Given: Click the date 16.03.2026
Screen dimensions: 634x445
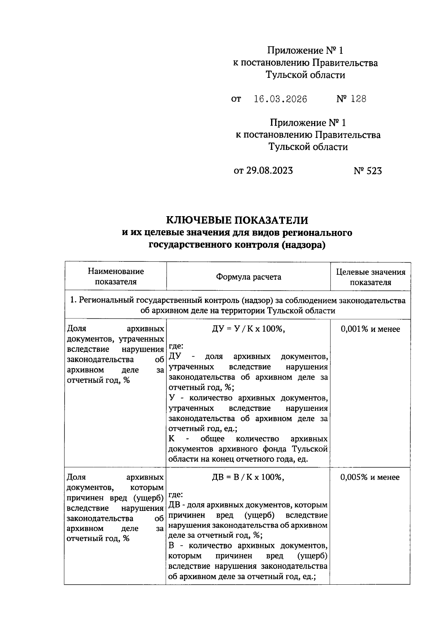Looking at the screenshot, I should coord(280,99).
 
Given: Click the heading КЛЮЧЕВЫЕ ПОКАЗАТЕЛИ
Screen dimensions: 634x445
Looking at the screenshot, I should coord(237,220).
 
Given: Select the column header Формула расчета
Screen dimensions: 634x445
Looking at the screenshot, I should coord(248,277).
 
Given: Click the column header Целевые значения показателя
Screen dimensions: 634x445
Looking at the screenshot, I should coord(370,277).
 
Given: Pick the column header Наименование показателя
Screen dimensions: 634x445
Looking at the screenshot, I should coord(116,276).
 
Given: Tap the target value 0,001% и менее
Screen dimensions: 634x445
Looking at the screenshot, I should coord(370,329).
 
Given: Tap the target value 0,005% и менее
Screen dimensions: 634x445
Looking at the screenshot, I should coord(370,477).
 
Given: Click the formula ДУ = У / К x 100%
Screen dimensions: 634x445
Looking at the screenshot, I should coord(248,329).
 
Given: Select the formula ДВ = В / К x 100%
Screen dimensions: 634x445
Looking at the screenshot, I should coord(248,477).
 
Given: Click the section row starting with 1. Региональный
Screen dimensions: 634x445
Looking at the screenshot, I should coord(238,305).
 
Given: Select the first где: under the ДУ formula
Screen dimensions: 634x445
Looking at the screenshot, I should coord(176,346).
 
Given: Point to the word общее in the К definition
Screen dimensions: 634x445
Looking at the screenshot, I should coord(212,439).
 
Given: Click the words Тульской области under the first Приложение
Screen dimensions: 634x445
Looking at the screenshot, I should coord(305,75).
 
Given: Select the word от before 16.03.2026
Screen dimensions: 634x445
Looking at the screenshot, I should coord(236,99).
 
